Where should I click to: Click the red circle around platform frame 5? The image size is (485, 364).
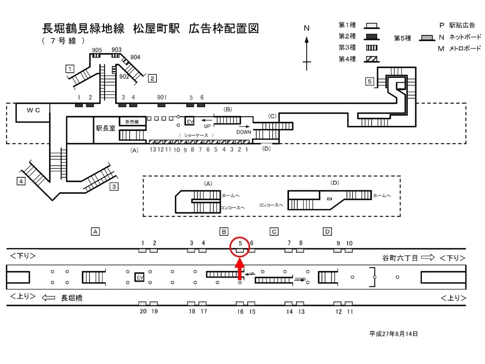point(240,246)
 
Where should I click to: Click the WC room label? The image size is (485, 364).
point(33,110)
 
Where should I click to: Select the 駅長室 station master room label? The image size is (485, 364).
point(106,128)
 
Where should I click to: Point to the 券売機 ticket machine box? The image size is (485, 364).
point(132,122)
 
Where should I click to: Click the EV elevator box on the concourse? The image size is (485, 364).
point(190,122)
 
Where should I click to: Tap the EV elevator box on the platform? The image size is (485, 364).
point(139,278)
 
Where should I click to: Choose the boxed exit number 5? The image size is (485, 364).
point(370,81)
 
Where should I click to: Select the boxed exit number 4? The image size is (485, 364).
point(21,181)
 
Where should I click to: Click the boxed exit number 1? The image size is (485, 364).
point(70,69)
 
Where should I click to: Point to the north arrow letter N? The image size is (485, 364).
point(306,28)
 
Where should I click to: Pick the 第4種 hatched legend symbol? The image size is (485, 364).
point(372,59)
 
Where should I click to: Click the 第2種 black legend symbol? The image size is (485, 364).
point(372,36)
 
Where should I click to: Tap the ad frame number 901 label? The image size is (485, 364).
point(162,97)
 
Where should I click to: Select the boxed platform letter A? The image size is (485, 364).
point(94,232)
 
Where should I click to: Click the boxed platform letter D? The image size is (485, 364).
point(327,232)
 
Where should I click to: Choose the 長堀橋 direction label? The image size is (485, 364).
point(72,298)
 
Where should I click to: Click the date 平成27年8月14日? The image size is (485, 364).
point(394,334)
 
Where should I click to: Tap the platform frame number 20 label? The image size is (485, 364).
point(143,311)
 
